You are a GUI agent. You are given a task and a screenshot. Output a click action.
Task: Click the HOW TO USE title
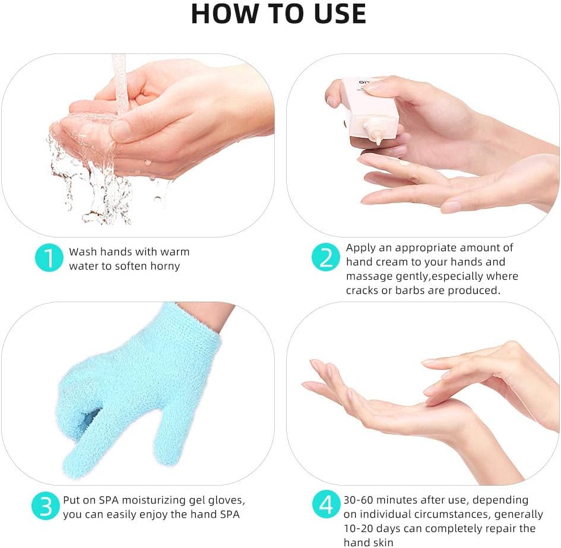[x=279, y=14]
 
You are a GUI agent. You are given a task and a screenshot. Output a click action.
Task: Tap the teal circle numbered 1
[x=49, y=258]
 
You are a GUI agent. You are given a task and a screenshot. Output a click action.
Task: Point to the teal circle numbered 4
[x=326, y=506]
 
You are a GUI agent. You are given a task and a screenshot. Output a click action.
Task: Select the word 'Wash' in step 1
[x=82, y=252]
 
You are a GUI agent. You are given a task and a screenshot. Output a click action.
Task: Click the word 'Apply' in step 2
[x=361, y=248]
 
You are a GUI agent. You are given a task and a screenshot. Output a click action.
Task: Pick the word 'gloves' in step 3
[x=227, y=500]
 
